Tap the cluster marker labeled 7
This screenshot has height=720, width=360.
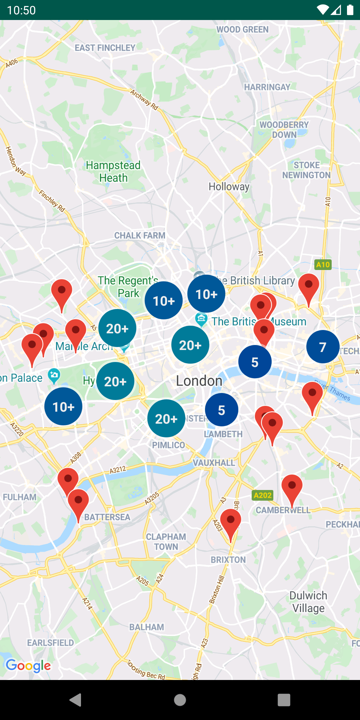pyautogui.click(x=323, y=347)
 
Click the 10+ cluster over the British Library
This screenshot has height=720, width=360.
pyautogui.click(x=206, y=294)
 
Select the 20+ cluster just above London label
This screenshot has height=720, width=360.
pyautogui.click(x=190, y=345)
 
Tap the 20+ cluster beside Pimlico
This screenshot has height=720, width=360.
pyautogui.click(x=166, y=418)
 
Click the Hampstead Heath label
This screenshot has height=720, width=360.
pyautogui.click(x=113, y=171)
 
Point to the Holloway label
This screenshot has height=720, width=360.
pyautogui.click(x=229, y=187)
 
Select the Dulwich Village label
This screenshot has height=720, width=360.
pyautogui.click(x=308, y=602)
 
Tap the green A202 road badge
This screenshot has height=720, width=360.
pyautogui.click(x=263, y=495)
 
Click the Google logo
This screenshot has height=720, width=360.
pyautogui.click(x=29, y=665)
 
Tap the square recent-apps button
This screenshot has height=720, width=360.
pyautogui.click(x=284, y=700)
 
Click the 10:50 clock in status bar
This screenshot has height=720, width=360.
pyautogui.click(x=21, y=10)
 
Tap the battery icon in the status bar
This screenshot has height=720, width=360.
pyautogui.click(x=350, y=10)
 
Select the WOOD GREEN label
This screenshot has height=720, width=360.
pyautogui.click(x=242, y=30)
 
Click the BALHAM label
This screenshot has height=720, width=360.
pyautogui.click(x=147, y=627)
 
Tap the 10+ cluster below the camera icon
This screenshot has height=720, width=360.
pyautogui.click(x=63, y=406)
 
